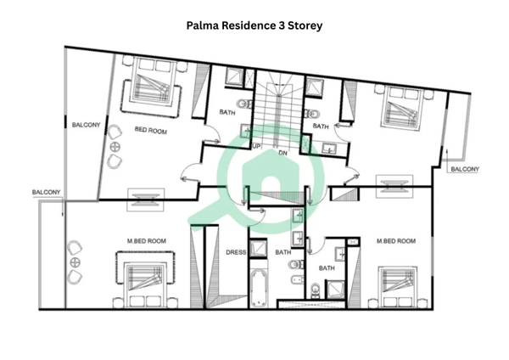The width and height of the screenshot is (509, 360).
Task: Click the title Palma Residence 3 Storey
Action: pos(255,25)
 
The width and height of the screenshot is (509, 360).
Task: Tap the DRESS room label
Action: pos(236,252)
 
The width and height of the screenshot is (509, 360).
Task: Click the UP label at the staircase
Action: pos(256,147)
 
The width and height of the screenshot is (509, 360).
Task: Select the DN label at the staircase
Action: pos(282,153)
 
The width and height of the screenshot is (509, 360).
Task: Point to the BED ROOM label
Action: pos(151,131)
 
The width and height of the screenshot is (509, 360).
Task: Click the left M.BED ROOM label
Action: pos(147,241)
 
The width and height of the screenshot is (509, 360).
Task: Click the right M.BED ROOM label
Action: pos(396,241)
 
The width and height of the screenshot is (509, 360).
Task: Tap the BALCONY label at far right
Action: pos(465,169)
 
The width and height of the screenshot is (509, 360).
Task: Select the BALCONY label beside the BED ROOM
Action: pos(86,125)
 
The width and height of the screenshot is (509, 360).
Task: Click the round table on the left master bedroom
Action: pos(76,262)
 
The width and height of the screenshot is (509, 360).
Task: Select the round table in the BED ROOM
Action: pos(115,147)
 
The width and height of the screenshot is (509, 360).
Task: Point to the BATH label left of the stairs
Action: pos(227,112)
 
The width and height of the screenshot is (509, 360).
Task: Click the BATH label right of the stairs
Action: pos(321,127)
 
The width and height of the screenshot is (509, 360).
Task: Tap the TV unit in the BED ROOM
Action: pos(145,200)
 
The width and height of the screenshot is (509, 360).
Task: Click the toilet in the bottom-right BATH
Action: pos(315,290)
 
